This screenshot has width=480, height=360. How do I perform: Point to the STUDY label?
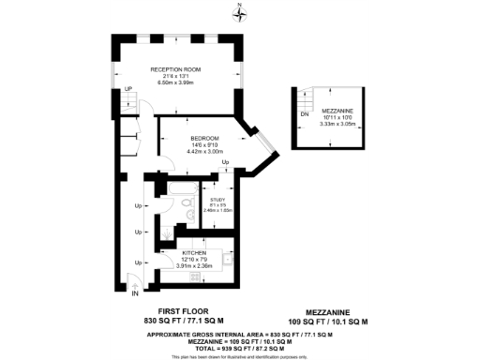click(x=217, y=199)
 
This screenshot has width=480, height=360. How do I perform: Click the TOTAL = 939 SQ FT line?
click(x=240, y=348)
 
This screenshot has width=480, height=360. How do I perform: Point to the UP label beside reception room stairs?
click(x=128, y=89)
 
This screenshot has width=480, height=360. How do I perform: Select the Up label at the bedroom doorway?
click(x=226, y=164)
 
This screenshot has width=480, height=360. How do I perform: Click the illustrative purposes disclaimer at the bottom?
click(x=240, y=356)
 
